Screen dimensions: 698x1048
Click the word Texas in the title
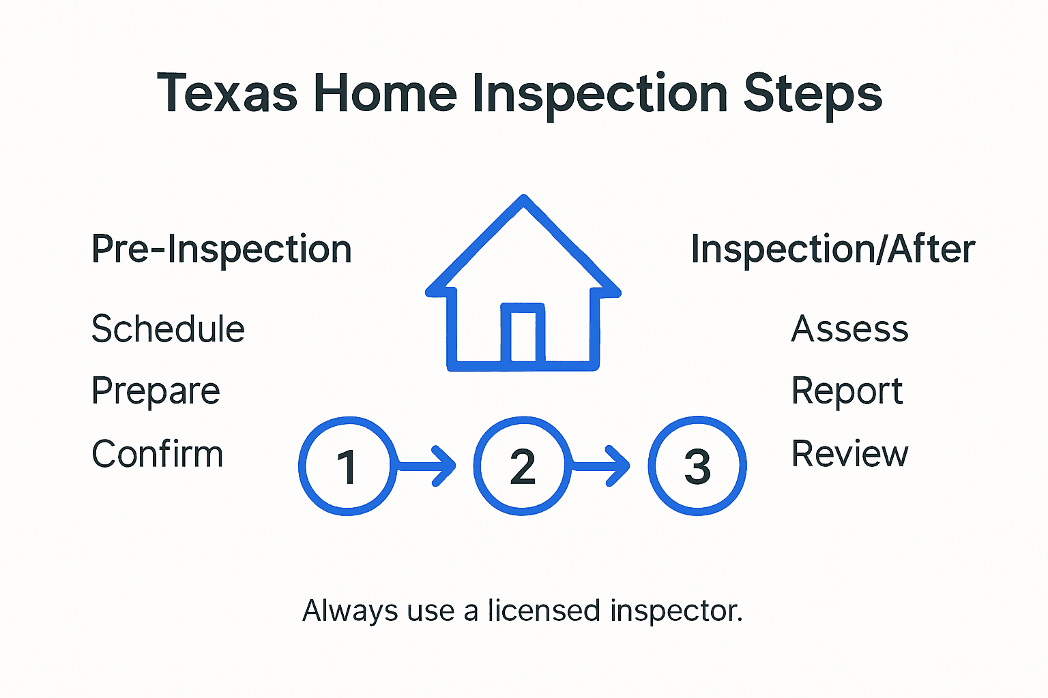tap(227, 93)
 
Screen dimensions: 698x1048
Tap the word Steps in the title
tap(813, 93)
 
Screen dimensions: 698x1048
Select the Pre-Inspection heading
tap(222, 249)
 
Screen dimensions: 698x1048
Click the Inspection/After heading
tap(832, 249)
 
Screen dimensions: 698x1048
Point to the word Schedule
tap(168, 329)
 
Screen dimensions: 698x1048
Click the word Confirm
tap(158, 454)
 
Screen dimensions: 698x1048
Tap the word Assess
tap(849, 329)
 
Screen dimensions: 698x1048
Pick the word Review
tap(849, 454)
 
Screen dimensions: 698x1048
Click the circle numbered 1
tap(348, 466)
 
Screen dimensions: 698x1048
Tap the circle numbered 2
tap(523, 466)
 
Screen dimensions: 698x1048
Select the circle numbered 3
tap(697, 466)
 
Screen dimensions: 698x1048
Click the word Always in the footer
tap(350, 611)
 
